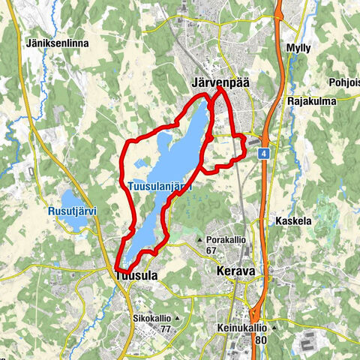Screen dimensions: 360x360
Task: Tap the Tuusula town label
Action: pyautogui.click(x=136, y=276)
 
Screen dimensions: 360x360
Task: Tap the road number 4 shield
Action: pyautogui.click(x=265, y=153)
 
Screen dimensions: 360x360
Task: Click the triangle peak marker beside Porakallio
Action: pyautogui.click(x=199, y=240)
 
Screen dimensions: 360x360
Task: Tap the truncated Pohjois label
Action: pyautogui.click(x=343, y=82)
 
